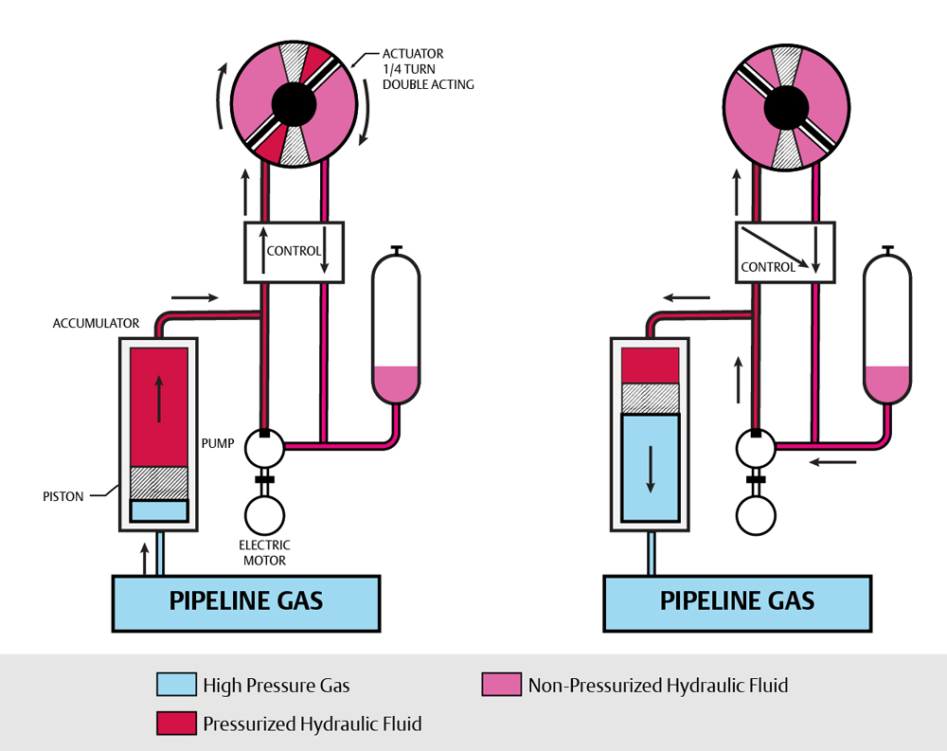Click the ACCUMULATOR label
pos(96,323)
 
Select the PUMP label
pos(217,442)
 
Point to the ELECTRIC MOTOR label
pos(264,553)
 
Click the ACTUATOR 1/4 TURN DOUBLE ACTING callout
pos(427,69)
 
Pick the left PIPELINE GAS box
pos(246,602)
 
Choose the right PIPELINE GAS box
pos(738,602)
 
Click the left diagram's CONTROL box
pos(294,251)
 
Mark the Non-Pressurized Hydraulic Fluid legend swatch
pos(502,685)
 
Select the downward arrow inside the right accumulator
pos(651,470)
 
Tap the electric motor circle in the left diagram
pos(265,515)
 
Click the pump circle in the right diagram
pos(756,448)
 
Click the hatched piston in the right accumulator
pos(651,398)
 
